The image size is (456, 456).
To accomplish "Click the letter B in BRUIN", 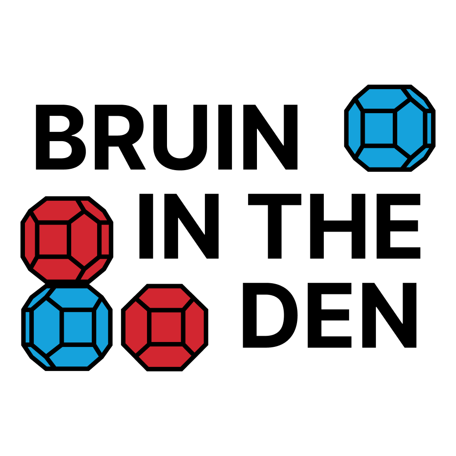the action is point(61,137).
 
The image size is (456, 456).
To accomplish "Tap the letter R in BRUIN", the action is point(120,137).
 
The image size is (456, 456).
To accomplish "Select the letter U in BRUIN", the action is point(180,138).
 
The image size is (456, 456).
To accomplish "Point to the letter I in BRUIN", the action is point(225,137).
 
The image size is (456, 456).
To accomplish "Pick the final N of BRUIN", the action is point(270,137).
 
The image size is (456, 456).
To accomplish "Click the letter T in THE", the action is point(274,226).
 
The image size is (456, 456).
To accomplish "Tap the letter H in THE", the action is point(338,226).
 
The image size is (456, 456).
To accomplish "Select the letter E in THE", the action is point(399,226).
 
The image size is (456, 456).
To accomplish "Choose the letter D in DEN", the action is point(270,315).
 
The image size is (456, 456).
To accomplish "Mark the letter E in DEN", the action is point(330,315).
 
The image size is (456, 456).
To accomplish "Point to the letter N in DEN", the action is point(389,315).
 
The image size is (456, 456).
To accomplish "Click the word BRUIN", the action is point(167,137).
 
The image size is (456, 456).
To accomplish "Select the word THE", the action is point(334,226).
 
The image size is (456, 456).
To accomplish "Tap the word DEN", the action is point(330,315).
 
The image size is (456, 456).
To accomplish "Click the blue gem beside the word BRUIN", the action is point(390,128).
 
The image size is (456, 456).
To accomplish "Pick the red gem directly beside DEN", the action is point(165,327).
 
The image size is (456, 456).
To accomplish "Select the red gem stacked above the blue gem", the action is point(67,240).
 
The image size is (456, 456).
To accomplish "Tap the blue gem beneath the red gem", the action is point(67,327).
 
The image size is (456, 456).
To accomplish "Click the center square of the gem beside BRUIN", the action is point(379,128).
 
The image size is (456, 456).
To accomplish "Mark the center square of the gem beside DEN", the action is point(166,327).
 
